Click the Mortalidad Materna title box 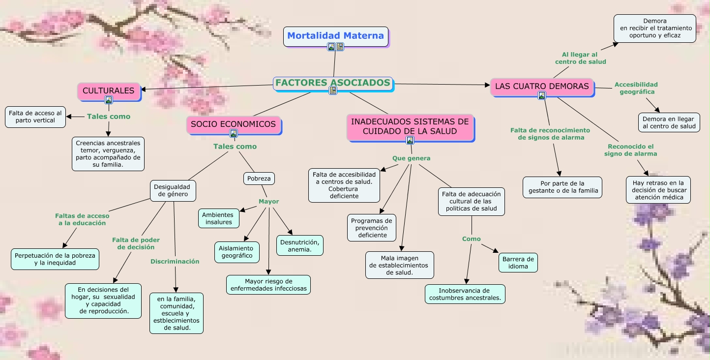tap(335, 36)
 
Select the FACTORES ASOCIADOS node tap(333, 83)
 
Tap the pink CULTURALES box tap(109, 91)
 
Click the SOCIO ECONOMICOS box tap(233, 124)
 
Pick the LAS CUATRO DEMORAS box tap(542, 87)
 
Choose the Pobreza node tap(259, 179)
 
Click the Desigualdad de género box tap(172, 191)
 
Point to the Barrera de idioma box tap(518, 263)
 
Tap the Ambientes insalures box tap(219, 218)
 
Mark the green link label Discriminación tap(175, 262)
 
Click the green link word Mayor tap(269, 202)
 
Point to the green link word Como tap(472, 239)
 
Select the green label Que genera tap(412, 158)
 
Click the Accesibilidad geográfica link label tap(636, 88)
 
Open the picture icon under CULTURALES tap(109, 100)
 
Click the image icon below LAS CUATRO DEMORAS tap(542, 95)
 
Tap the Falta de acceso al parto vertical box tap(35, 117)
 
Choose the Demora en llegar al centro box tap(669, 122)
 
